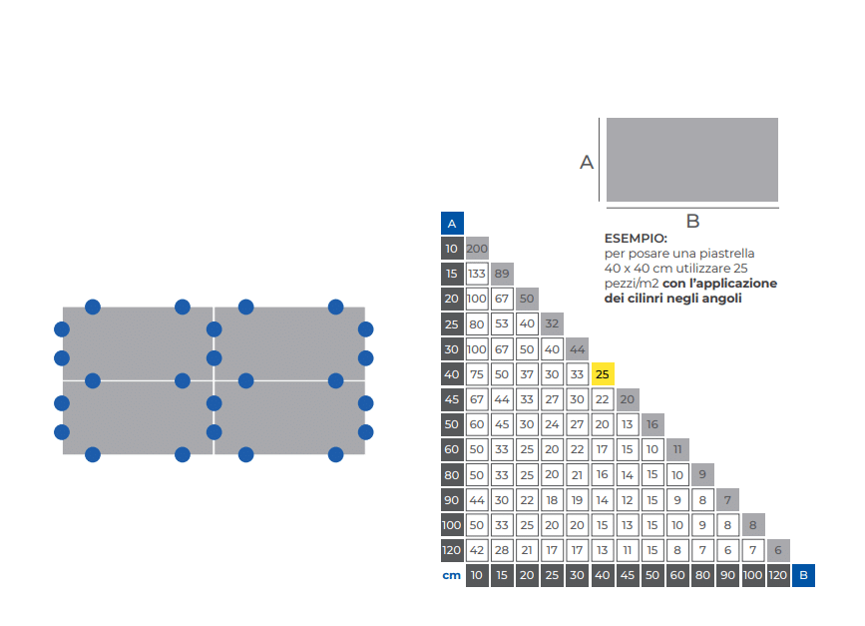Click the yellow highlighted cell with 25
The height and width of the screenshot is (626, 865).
[603, 374]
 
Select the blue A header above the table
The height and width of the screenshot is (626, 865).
[452, 224]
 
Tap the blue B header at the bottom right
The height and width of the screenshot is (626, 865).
[803, 575]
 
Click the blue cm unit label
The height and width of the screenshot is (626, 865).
[451, 575]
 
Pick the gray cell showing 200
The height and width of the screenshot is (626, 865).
[477, 249]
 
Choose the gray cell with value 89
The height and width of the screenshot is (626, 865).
[502, 274]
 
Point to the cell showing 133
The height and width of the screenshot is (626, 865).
[477, 274]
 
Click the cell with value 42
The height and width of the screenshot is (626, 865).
[477, 550]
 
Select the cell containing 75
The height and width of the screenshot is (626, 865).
[477, 374]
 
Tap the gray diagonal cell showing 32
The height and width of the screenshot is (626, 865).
[552, 324]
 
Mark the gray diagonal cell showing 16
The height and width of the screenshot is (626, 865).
[652, 424]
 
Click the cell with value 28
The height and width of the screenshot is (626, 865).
[502, 550]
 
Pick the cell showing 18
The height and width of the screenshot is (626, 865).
[552, 500]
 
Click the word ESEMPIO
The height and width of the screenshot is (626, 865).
[636, 239]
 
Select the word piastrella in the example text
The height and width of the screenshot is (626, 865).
[727, 254]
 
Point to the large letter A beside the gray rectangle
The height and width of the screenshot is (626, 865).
[587, 163]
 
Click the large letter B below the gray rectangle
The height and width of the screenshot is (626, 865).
[692, 221]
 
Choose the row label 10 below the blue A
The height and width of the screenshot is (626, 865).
[452, 249]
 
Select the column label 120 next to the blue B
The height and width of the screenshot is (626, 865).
[778, 575]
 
